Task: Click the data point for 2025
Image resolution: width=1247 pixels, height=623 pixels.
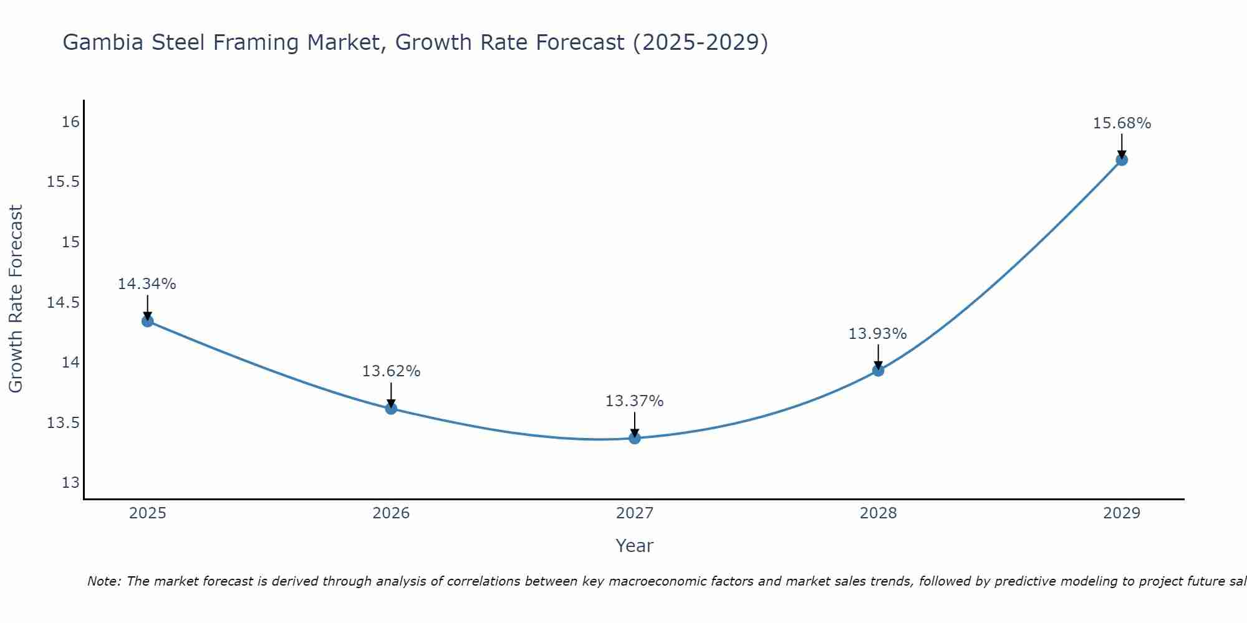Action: coord(147,321)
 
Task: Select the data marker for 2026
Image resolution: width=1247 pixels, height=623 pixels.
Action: coord(391,409)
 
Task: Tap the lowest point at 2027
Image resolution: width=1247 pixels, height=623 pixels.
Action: coord(635,438)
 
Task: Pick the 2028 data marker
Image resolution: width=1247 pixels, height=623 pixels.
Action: coord(878,371)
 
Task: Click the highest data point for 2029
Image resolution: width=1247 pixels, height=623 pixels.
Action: coord(1122,159)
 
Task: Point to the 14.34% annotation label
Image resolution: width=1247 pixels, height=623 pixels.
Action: coord(147,284)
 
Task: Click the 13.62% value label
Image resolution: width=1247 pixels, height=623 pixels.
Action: coord(391,371)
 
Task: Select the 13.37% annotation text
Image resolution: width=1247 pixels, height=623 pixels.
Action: coord(635,401)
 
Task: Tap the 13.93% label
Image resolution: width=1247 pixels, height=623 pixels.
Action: coord(878,334)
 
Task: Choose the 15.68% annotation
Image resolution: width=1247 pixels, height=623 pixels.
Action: coord(1122,123)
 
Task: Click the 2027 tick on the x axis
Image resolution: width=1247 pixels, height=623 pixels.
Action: coord(635,513)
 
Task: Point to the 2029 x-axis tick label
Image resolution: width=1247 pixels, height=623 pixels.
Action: coord(1122,513)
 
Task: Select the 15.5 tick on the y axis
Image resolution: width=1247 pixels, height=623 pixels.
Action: coord(63,182)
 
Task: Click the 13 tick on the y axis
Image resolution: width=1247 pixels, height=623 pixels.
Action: coord(71,483)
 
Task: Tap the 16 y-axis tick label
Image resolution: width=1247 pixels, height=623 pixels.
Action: coord(71,121)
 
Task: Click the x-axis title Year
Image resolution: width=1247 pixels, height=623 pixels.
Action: coord(635,546)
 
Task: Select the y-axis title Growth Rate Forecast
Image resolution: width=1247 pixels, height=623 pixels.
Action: coord(16,299)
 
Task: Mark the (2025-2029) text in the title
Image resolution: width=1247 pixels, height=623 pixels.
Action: coord(700,42)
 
